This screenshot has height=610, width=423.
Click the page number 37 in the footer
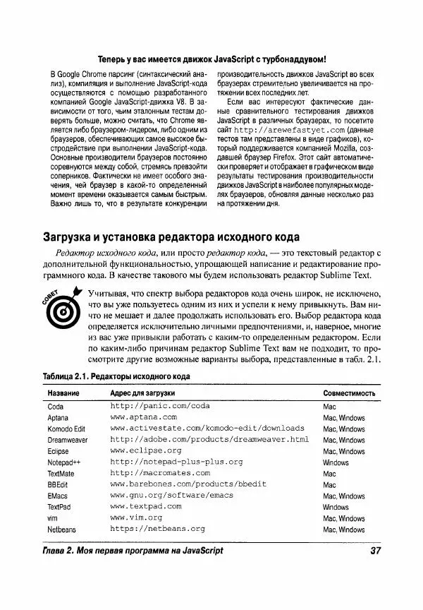click(374, 551)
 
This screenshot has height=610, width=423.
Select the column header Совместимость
click(352, 393)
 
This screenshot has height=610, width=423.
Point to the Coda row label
click(56, 407)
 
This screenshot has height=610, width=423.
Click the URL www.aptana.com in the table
click(144, 417)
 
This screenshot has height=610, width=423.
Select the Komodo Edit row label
click(66, 429)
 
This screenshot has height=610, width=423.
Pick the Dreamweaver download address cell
click(209, 439)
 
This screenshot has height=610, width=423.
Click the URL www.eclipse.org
click(146, 450)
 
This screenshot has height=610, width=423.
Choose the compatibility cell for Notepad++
click(336, 462)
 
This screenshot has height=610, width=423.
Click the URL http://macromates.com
click(160, 473)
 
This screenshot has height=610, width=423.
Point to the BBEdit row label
click(58, 485)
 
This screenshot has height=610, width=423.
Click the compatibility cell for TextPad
click(336, 507)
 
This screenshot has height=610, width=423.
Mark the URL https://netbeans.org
click(157, 529)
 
